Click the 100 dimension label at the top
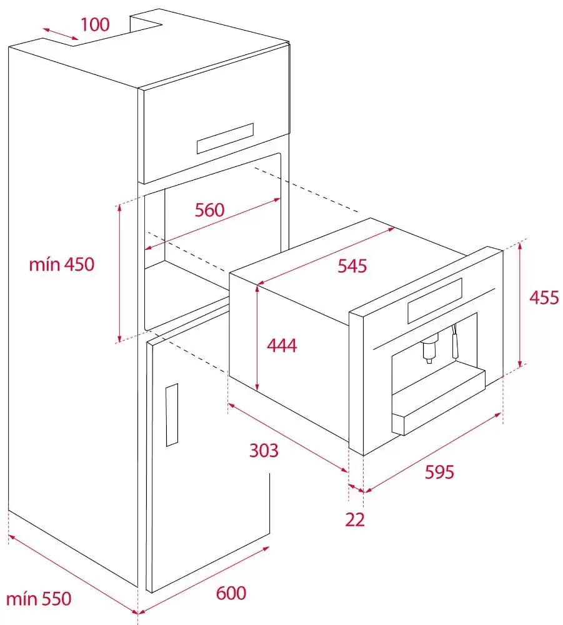tap(95, 24)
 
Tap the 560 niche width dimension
tap(209, 209)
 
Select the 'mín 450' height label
tap(62, 264)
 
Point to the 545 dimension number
tap(352, 266)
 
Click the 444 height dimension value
tap(282, 345)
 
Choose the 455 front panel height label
tap(544, 297)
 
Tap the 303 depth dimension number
tap(264, 451)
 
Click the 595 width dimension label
tap(439, 472)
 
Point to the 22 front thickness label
tap(355, 520)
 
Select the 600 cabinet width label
tap(231, 593)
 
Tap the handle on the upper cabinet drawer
tap(225, 138)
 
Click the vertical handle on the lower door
tap(172, 415)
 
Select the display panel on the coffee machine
tap(435, 301)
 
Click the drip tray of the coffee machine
tap(438, 402)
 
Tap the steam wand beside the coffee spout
tap(454, 341)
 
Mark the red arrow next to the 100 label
tap(61, 34)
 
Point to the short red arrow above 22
tap(356, 488)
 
